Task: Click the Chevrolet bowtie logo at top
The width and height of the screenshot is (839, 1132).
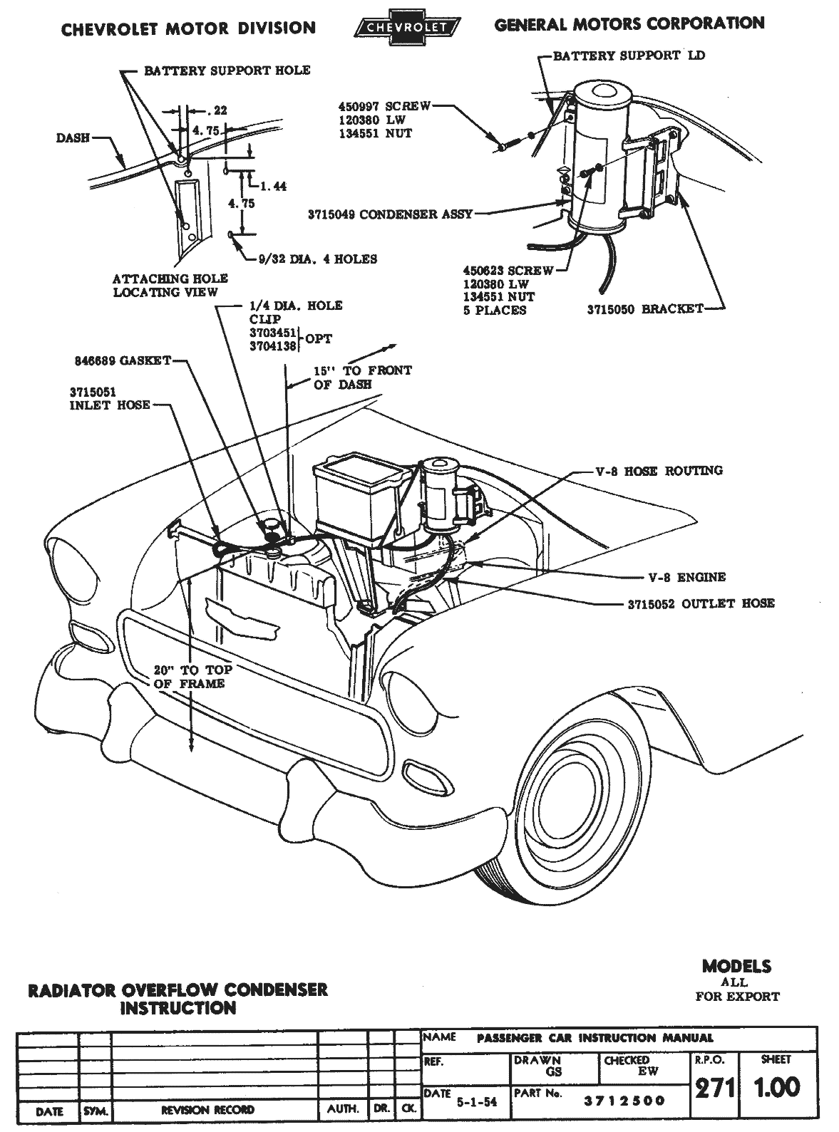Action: tap(406, 28)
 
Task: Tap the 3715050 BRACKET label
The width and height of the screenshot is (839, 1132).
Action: tap(644, 309)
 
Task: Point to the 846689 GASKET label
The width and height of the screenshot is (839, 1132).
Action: tap(123, 361)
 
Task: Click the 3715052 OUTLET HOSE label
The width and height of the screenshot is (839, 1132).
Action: tap(701, 603)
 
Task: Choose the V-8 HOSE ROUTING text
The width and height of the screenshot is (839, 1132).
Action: tap(659, 471)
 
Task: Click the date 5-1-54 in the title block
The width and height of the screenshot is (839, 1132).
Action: tap(476, 1102)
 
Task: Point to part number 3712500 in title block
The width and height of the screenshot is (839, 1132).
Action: tap(624, 1101)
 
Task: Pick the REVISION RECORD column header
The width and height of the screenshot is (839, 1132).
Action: tap(207, 1110)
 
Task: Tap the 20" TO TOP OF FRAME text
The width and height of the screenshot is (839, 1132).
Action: tap(192, 677)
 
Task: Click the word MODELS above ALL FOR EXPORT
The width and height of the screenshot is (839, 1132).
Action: tap(736, 967)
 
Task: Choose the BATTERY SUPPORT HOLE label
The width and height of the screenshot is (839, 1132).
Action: tap(227, 71)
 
